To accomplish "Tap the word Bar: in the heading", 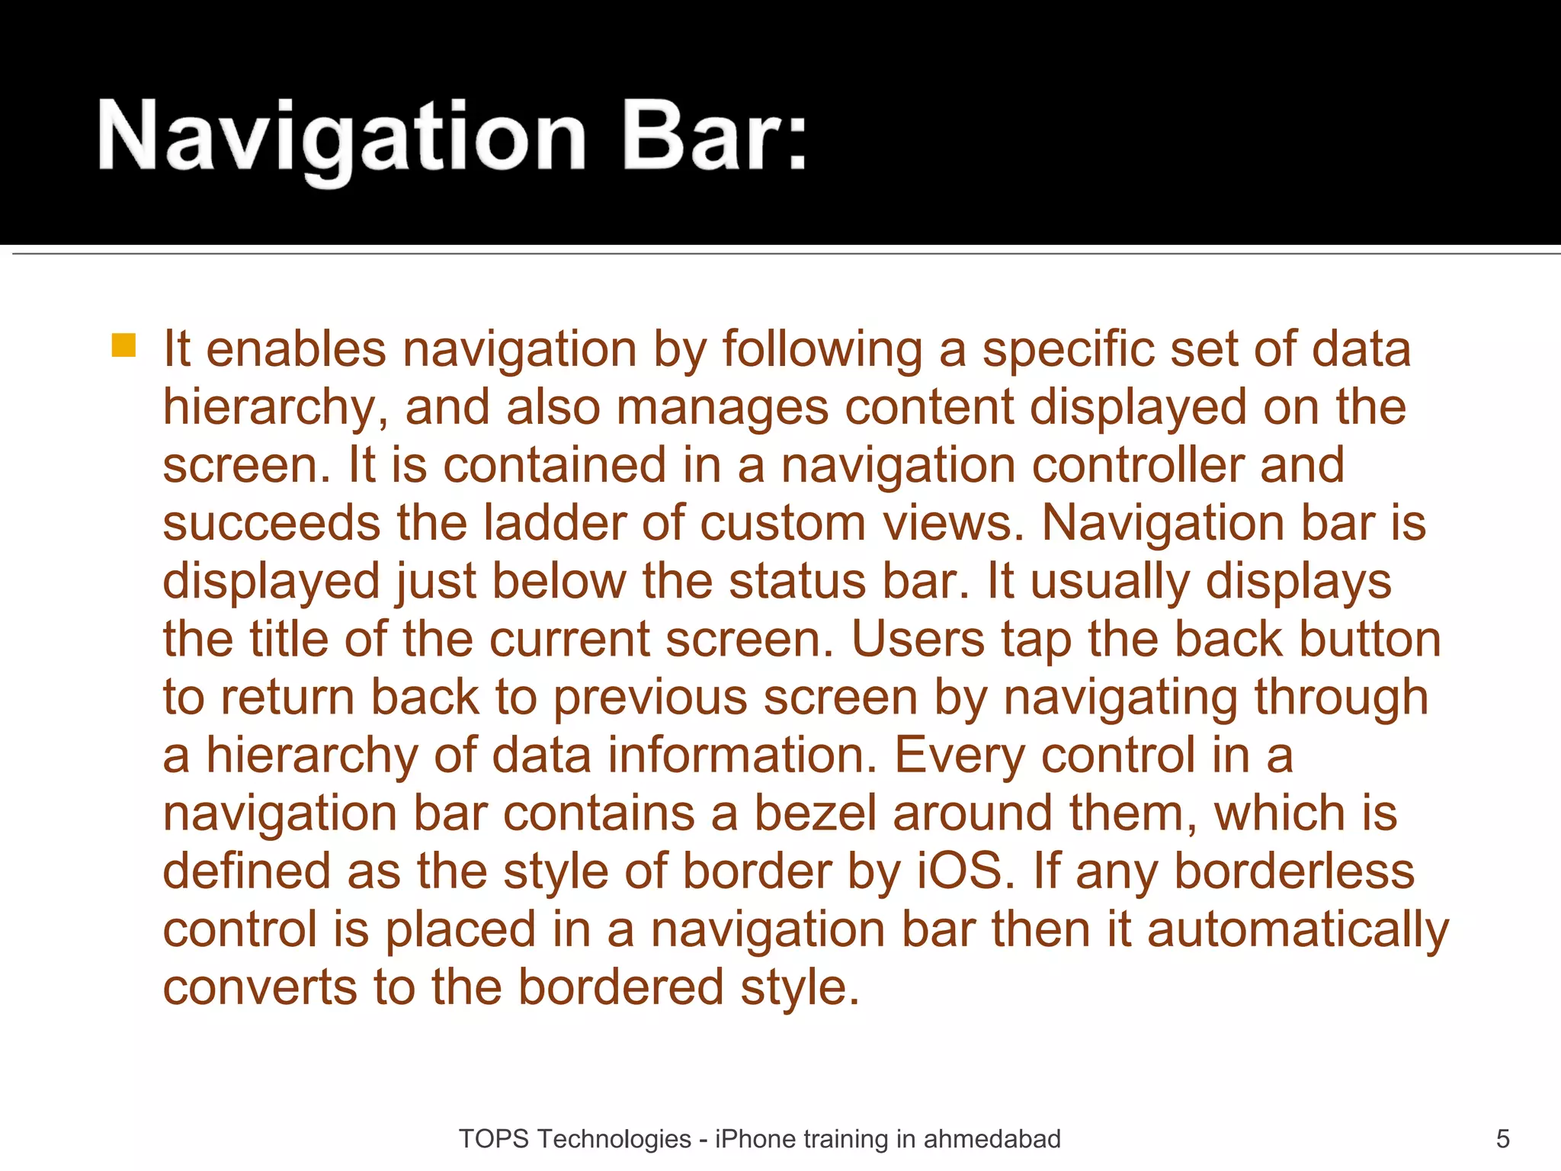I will coord(714,137).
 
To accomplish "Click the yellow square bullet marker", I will coord(123,345).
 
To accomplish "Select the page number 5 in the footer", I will coord(1502,1139).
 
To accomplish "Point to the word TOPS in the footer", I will coord(493,1139).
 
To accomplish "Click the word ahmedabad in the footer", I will coord(992,1139).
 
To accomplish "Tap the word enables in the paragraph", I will coord(296,349).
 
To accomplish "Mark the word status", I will coord(797,582).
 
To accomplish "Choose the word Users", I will coord(917,640).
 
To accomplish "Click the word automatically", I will coord(1297,930).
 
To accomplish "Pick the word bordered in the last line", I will coord(620,988).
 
